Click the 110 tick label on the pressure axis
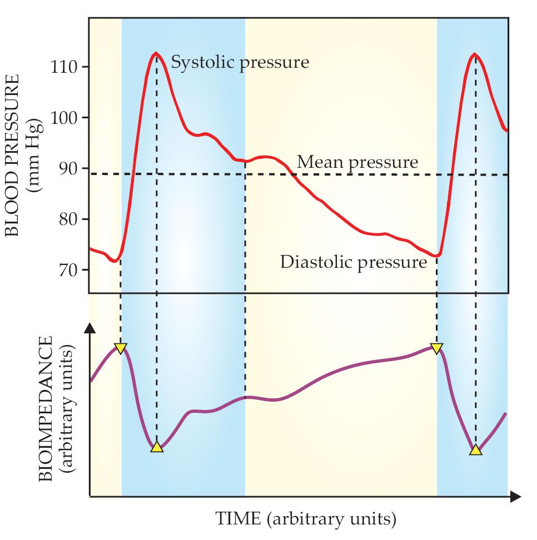pos(66,67)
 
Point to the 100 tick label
pos(66,118)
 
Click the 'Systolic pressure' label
pos(240,62)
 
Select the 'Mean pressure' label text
pos(357,162)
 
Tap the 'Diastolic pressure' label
pos(353,262)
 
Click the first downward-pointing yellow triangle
pos(121,348)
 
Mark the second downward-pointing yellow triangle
pos(437,348)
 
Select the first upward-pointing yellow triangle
pos(157,447)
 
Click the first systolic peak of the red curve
pos(156,53)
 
